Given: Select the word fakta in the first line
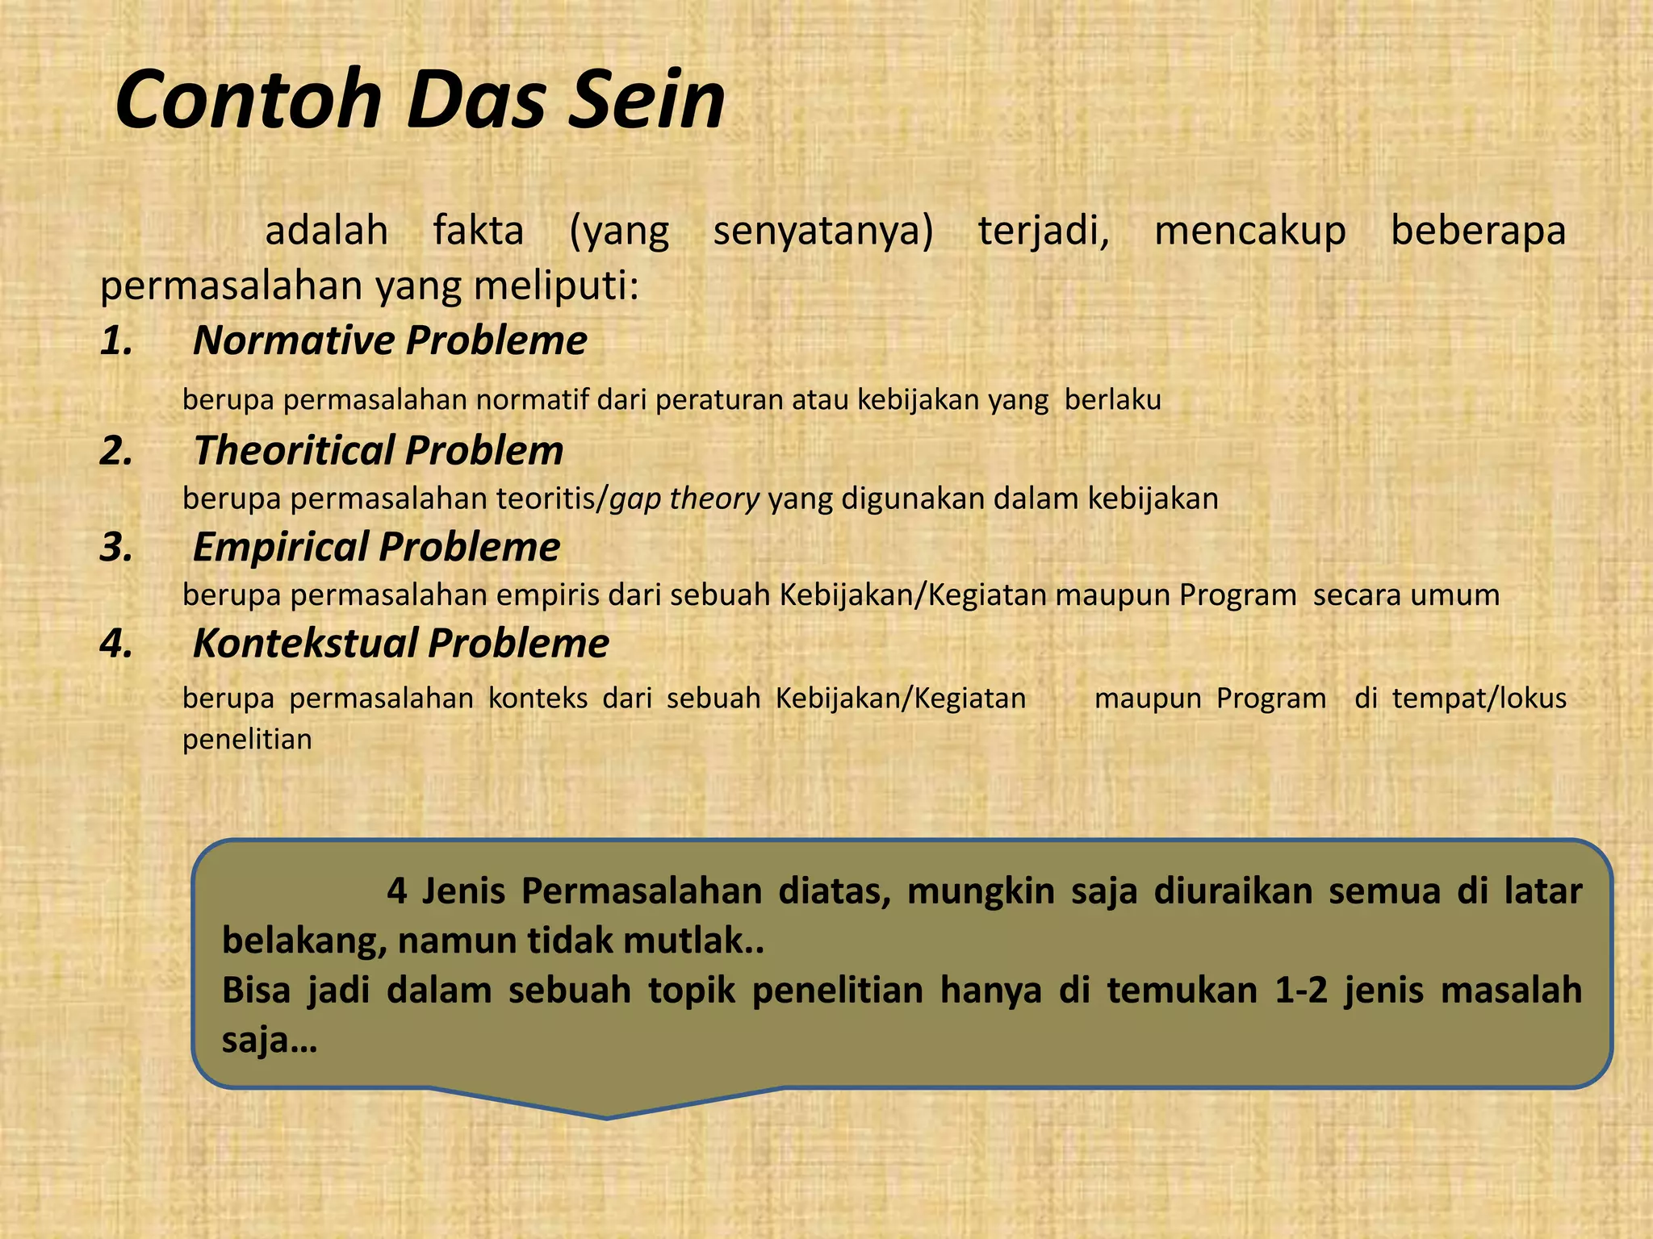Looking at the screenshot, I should pos(479,231).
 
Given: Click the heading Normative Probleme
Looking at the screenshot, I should pos(390,340).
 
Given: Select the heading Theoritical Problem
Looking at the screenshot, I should pos(379,450).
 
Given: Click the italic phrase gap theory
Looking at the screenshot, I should pos(684,499).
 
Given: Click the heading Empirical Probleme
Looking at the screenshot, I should pos(376,547).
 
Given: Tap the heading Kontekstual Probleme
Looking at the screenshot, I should pos(401,644).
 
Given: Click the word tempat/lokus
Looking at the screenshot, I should pos(1479,698).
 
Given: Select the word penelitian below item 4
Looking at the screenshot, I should pos(247,739).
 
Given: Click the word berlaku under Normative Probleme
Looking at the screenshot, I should pos(1112,400).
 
